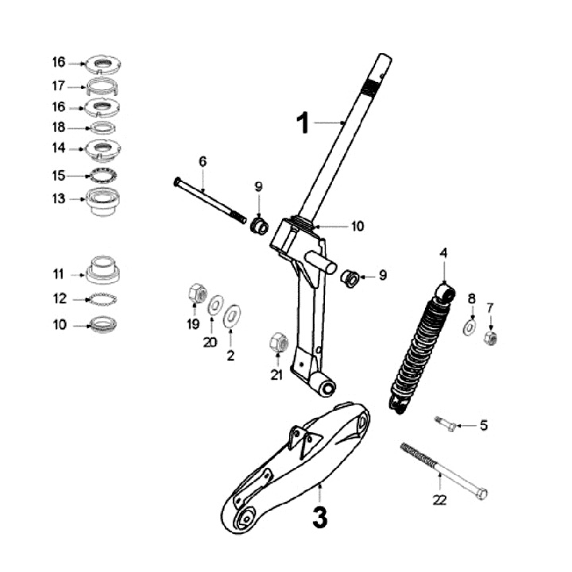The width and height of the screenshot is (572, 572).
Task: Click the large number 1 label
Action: point(303,123)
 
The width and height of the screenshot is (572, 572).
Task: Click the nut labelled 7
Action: point(490,338)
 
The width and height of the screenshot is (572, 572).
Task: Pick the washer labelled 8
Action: point(470,326)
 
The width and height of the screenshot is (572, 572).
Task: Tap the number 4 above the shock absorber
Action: point(444,253)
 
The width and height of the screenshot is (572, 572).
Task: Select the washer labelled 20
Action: point(214,306)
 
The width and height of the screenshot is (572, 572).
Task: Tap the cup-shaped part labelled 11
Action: point(102,270)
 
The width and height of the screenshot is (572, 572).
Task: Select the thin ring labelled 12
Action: point(102,300)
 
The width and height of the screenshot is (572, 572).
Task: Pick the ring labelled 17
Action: point(102,86)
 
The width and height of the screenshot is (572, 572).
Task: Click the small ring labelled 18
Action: point(102,127)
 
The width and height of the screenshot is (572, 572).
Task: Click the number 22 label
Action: point(439,500)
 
